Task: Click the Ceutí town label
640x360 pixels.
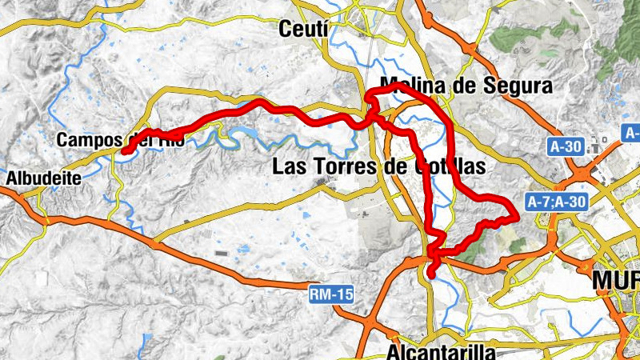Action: coord(303,30)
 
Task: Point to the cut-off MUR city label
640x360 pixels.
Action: coord(615,281)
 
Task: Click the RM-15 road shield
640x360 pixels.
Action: coord(331,295)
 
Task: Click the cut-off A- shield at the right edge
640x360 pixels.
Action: coord(631,132)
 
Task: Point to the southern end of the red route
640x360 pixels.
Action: coord(431,275)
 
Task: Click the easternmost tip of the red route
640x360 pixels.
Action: coord(517,213)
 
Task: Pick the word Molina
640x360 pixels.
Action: coord(416,86)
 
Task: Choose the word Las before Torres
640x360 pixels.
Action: coord(289,166)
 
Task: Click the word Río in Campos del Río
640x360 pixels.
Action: coord(171,140)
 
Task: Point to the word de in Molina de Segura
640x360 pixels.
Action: coord(466,86)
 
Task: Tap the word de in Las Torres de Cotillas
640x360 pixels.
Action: coord(392,166)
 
